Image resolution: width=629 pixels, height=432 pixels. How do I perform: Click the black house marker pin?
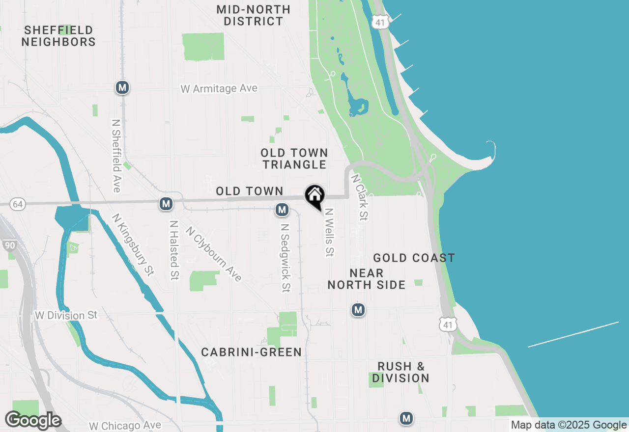314,196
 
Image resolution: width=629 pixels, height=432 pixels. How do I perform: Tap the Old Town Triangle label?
294,159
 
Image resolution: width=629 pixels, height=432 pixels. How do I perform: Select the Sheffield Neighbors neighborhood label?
58,36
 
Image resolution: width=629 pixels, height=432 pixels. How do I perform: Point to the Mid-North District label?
254,16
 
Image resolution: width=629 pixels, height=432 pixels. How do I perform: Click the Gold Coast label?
414,258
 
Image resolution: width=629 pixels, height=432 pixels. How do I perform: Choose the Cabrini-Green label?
251,352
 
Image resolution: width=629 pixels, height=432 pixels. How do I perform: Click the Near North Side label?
367,279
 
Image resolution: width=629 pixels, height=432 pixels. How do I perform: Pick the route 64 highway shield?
18,204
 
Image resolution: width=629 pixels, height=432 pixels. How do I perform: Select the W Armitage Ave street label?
219,89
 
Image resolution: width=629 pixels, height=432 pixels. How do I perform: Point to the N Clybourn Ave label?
214,254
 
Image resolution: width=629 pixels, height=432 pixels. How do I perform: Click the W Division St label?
66,315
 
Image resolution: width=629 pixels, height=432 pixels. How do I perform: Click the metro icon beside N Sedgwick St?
282,210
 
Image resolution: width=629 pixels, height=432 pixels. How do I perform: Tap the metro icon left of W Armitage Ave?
122,88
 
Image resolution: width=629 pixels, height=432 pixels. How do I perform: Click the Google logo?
33,420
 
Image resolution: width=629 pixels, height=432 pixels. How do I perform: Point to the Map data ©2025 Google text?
568,425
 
